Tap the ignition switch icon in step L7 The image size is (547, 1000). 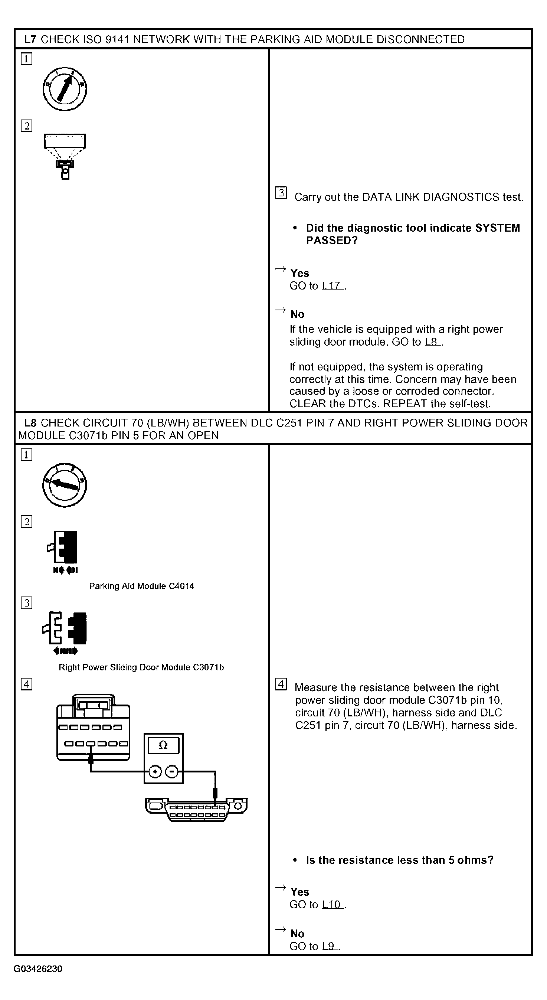(65, 89)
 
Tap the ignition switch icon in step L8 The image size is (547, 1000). (65, 485)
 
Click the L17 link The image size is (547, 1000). (332, 286)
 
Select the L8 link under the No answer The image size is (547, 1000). (432, 342)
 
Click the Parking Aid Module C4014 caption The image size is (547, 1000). (141, 586)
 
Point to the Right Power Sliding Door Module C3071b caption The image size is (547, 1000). (141, 667)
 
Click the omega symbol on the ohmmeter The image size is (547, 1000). (163, 745)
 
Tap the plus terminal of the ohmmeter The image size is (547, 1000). (155, 772)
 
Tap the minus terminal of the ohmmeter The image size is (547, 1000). (171, 772)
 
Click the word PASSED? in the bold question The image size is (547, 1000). (331, 241)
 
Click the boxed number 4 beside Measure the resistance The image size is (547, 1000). (281, 684)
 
